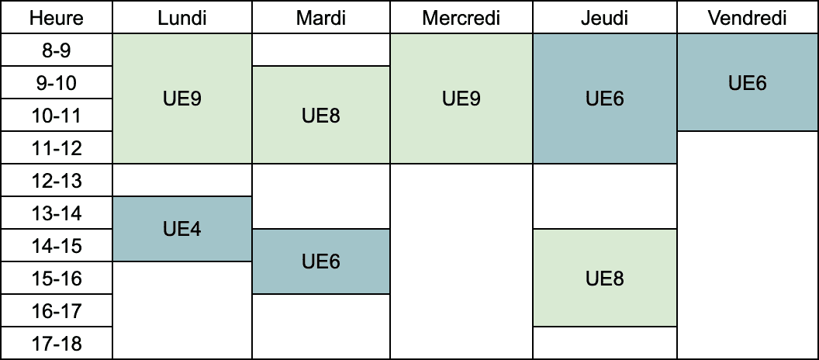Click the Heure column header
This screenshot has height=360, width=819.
57,18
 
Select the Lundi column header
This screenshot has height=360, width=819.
182,18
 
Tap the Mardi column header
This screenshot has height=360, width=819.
321,18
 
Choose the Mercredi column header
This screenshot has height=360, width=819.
461,18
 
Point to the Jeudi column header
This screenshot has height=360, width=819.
605,18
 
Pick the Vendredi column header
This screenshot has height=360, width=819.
748,18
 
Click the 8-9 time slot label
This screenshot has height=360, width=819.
57,50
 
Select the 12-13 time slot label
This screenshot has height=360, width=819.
57,180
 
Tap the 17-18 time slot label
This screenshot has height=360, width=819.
57,343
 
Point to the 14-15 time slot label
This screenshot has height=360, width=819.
57,246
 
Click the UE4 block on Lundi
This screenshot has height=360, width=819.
182,229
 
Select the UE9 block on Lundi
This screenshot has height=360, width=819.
182,99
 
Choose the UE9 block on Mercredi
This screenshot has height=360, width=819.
461,99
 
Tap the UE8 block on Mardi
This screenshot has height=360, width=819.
321,115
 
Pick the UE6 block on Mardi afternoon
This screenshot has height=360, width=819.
321,261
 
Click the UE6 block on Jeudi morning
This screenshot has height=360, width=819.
605,99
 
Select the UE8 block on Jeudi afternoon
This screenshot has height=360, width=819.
605,278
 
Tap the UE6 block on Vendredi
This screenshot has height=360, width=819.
748,82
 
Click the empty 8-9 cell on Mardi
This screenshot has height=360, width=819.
321,50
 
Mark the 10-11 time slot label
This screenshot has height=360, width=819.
57,115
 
